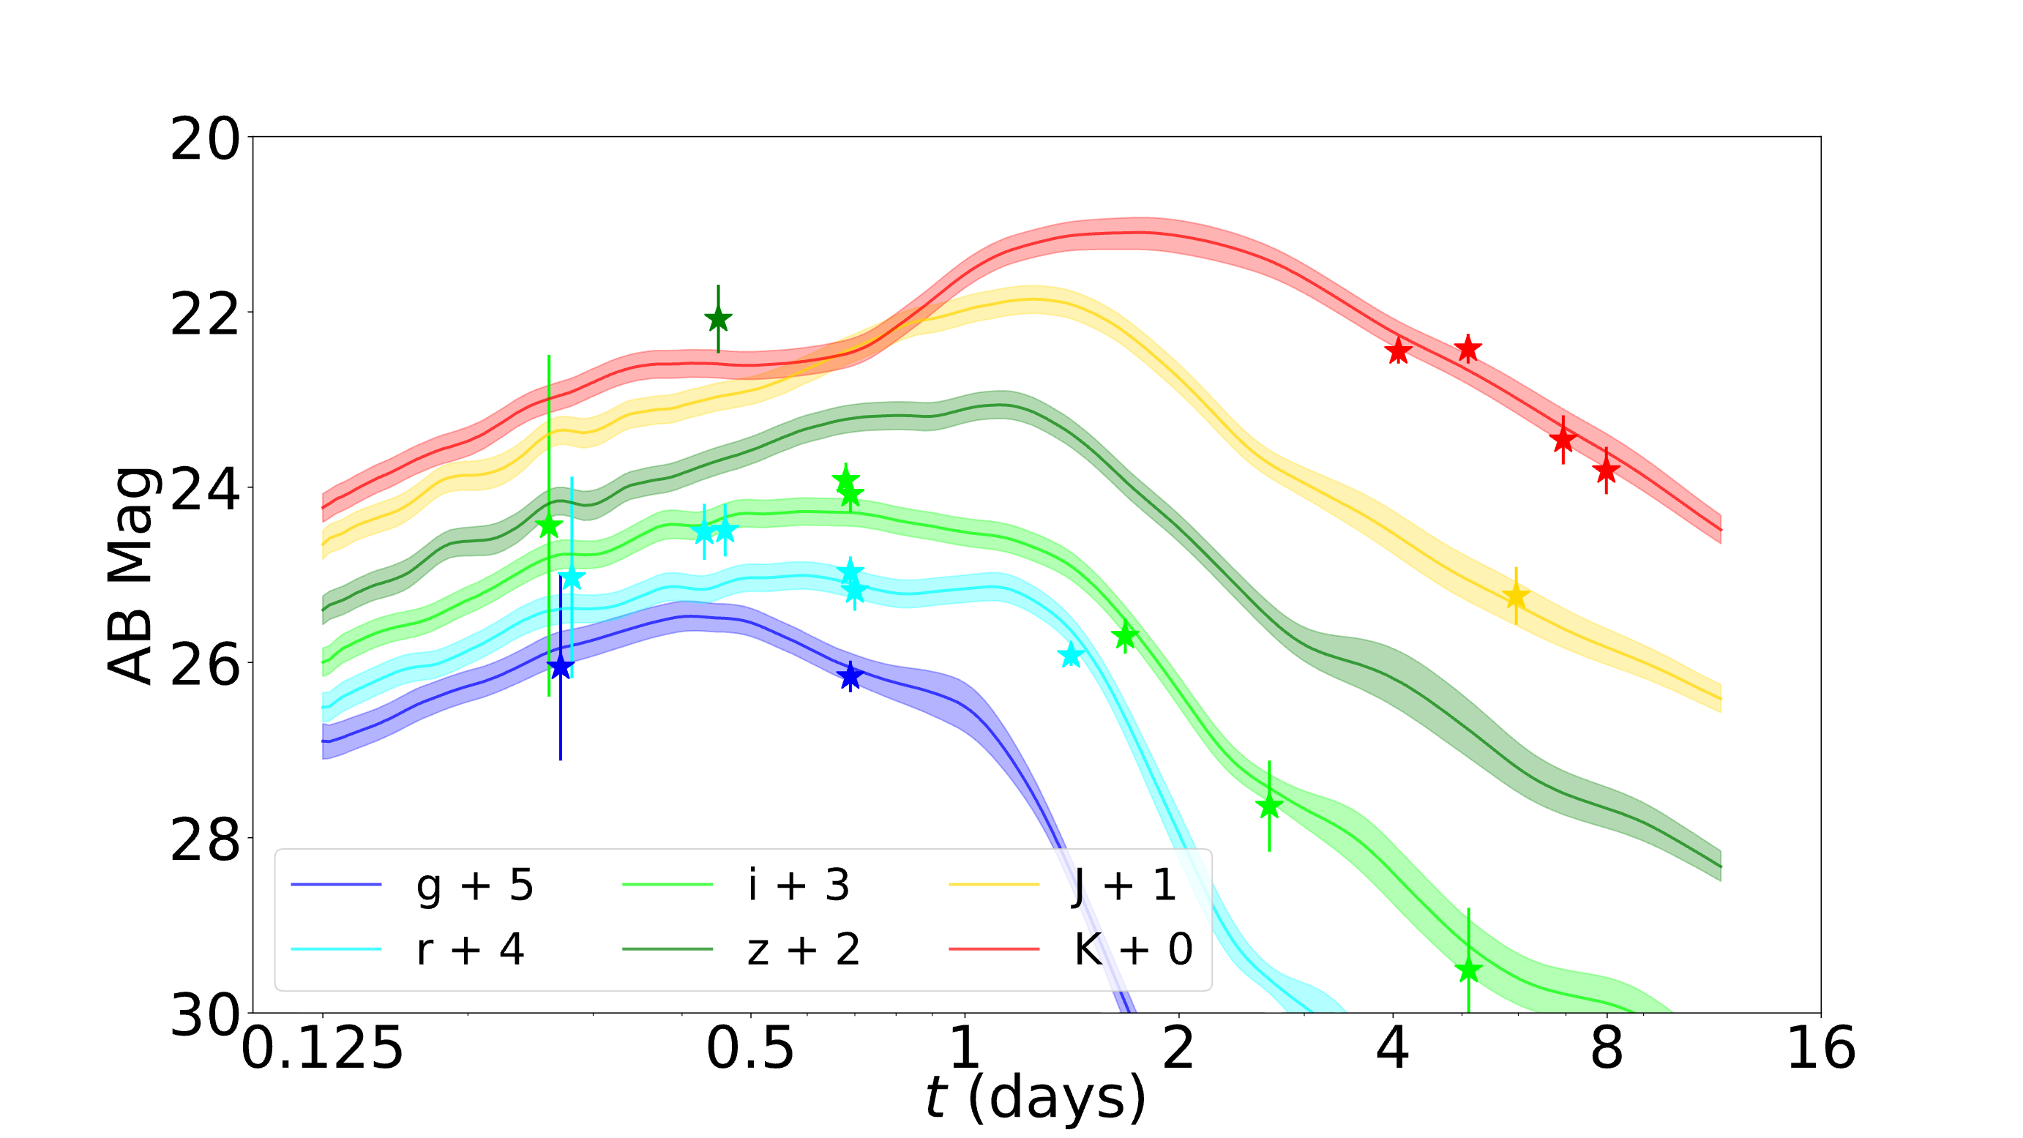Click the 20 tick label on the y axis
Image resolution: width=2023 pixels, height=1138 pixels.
(205, 141)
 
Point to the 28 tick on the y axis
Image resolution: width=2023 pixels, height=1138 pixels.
(205, 840)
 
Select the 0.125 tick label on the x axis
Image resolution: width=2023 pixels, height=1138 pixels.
(322, 1049)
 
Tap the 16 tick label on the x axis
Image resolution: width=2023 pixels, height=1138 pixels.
(1821, 1049)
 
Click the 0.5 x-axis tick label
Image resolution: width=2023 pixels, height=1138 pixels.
(751, 1049)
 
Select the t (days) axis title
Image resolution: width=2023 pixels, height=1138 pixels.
(1036, 1098)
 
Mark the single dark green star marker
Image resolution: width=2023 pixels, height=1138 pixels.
(718, 319)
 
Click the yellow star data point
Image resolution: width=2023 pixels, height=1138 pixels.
(1516, 596)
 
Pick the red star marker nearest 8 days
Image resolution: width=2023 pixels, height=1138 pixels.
(1607, 471)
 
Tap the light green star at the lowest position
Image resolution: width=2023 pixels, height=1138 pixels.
(1468, 969)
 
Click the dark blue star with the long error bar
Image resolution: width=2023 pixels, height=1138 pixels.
(560, 667)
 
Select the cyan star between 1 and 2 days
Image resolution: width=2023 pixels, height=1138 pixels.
(1070, 654)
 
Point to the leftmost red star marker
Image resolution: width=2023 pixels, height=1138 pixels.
(1399, 351)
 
